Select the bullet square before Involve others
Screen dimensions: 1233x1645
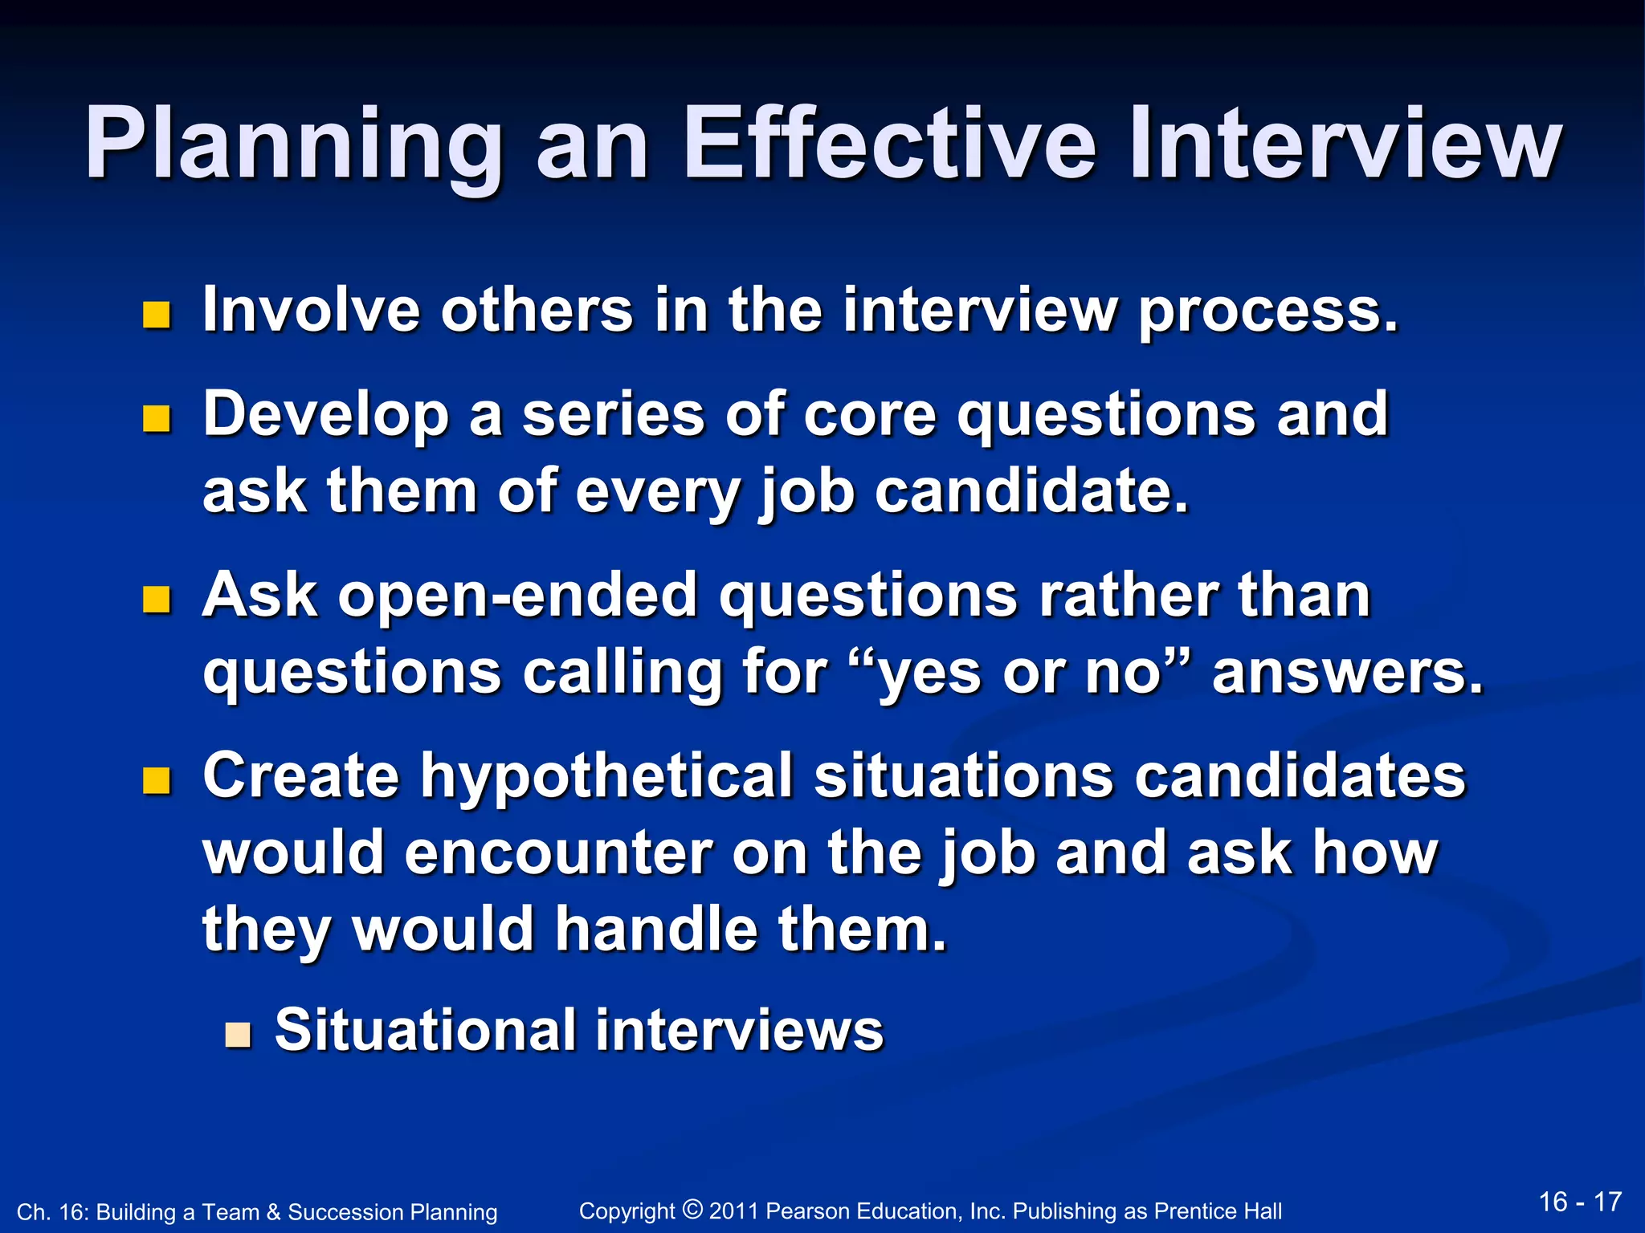[157, 315]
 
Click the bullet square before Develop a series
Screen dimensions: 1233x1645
[157, 419]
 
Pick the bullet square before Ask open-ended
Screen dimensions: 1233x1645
[157, 600]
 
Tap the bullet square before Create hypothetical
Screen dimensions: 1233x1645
[157, 780]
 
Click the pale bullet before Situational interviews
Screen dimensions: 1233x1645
[238, 1036]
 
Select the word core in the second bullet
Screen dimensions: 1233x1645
[869, 415]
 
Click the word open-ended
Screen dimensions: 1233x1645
[517, 597]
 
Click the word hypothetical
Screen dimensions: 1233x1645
[607, 777]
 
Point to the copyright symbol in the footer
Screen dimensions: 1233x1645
[692, 1208]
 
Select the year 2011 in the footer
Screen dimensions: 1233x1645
[733, 1211]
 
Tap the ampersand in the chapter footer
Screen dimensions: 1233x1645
[272, 1212]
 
